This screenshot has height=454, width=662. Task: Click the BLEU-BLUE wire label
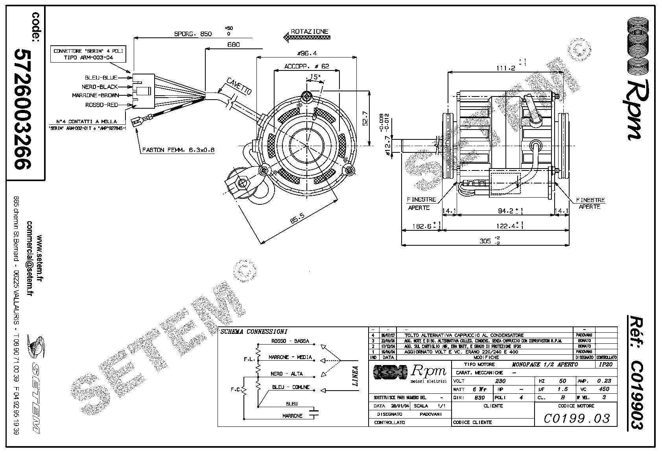pyautogui.click(x=101, y=78)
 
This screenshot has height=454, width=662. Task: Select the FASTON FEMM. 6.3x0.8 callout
pyautogui.click(x=178, y=150)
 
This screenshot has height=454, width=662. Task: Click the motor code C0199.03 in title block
pyautogui.click(x=576, y=418)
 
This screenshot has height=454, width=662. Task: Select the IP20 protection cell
pyautogui.click(x=605, y=365)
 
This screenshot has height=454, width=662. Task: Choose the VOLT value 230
pyautogui.click(x=500, y=381)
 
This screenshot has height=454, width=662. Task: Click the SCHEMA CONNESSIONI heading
pyautogui.click(x=254, y=332)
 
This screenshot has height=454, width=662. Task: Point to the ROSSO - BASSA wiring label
pyautogui.click(x=290, y=341)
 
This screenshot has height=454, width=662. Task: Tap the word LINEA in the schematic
pyautogui.click(x=355, y=376)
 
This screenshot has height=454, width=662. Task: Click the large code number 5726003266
pyautogui.click(x=22, y=109)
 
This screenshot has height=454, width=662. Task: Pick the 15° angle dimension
pyautogui.click(x=315, y=77)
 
